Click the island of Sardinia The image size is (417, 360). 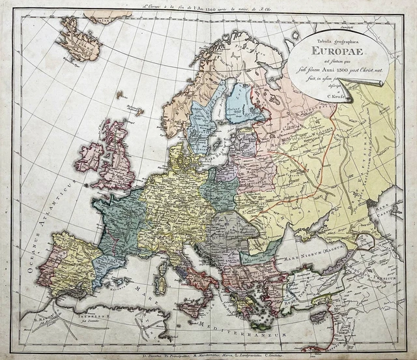click(159, 285)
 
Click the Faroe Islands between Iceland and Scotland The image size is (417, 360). click(121, 95)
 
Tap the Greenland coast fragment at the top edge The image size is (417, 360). click(108, 14)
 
